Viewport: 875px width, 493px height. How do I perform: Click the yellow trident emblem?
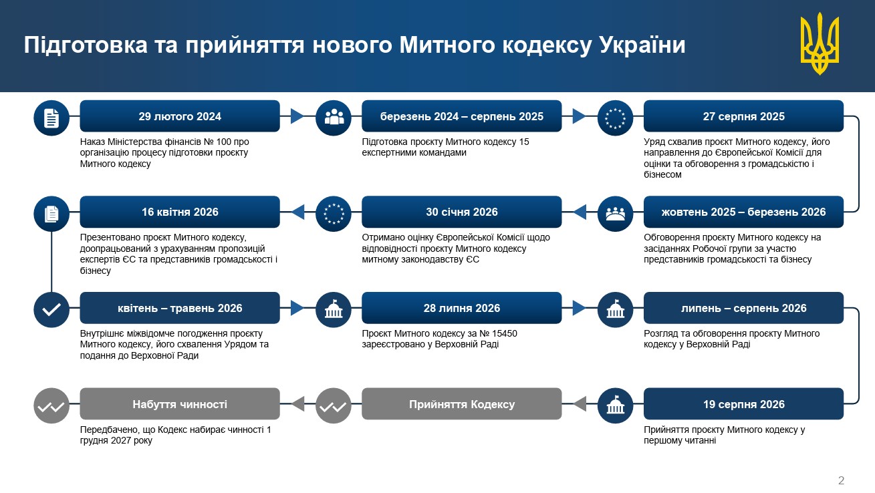point(820,43)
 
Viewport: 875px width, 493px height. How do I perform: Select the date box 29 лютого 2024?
point(180,116)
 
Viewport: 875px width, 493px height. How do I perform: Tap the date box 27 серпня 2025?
point(743,116)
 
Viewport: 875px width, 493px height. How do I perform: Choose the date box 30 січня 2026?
point(462,212)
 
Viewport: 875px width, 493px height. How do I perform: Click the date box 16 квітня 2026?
point(180,212)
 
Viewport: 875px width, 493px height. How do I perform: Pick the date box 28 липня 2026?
point(462,308)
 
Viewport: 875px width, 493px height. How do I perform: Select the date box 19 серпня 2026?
point(743,404)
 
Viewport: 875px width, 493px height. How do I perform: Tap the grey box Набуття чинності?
point(180,404)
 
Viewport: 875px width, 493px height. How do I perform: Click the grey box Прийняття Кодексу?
point(462,404)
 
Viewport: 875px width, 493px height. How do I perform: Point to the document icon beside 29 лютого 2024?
point(51,118)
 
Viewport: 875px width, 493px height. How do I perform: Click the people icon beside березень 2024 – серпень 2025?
point(334,118)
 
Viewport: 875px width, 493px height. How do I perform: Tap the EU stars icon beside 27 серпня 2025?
point(615,118)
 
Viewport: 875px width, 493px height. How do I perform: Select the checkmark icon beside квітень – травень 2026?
point(51,310)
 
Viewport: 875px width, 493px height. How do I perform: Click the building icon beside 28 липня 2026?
point(334,310)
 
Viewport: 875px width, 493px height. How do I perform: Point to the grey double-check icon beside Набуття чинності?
point(51,406)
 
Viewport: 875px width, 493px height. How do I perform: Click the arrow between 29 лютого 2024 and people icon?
point(297,116)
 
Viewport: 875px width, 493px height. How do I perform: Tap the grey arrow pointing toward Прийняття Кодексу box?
point(580,404)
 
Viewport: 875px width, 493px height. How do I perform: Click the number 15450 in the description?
point(504,333)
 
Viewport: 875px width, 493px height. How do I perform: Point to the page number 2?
point(841,480)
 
